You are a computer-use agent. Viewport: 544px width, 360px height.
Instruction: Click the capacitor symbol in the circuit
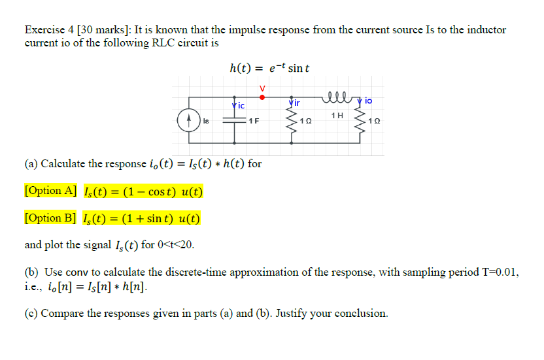click(232, 122)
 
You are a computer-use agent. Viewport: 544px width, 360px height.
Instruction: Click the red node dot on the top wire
click(262, 96)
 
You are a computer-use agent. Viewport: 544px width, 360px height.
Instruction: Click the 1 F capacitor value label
click(252, 122)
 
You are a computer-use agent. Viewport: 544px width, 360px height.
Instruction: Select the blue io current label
click(368, 101)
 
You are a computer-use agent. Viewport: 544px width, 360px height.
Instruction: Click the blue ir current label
click(296, 103)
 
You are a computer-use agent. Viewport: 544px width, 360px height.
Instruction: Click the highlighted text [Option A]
click(50, 191)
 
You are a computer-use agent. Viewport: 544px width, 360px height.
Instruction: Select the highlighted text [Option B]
click(50, 218)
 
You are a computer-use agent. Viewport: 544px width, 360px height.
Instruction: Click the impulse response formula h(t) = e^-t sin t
click(269, 68)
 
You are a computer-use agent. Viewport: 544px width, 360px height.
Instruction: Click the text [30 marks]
click(103, 30)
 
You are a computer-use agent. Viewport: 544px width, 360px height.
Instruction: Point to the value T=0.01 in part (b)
click(496, 272)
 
